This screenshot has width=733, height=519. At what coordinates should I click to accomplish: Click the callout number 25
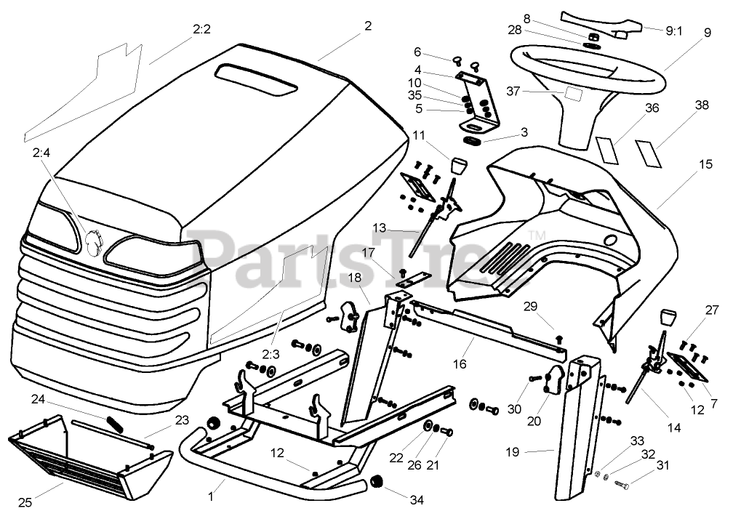pyautogui.click(x=25, y=501)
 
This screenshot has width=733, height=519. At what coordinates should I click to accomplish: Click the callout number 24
pyautogui.click(x=38, y=398)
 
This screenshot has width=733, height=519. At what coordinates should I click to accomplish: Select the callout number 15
pyautogui.click(x=705, y=165)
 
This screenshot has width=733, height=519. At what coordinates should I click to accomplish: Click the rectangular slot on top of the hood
pyautogui.click(x=257, y=78)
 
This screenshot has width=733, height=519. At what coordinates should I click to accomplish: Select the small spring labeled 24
pyautogui.click(x=116, y=423)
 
